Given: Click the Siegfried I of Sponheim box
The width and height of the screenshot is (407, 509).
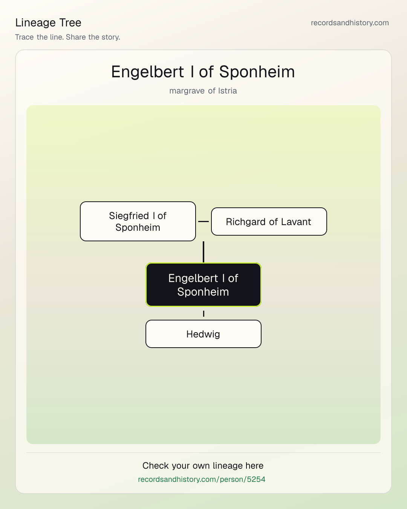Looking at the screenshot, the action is [x=138, y=221].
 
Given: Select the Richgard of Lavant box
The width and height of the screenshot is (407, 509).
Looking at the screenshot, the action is [x=269, y=221].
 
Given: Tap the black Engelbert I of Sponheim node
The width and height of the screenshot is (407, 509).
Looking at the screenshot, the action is [x=203, y=285].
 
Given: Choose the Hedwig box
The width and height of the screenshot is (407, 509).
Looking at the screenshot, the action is [x=203, y=334].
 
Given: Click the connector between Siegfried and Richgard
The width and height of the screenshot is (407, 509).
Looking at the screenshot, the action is [x=203, y=221].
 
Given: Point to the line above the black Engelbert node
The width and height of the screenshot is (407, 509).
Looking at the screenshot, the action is [x=203, y=252].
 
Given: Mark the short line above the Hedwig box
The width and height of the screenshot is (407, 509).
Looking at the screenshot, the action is [x=203, y=314].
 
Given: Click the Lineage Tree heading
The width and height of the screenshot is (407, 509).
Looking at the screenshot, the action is [x=48, y=23].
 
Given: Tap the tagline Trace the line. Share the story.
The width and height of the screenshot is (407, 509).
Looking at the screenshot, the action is [x=67, y=37].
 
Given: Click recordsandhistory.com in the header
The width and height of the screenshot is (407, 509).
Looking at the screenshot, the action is [x=350, y=23].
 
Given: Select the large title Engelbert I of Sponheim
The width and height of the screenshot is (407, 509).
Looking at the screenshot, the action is [x=203, y=72].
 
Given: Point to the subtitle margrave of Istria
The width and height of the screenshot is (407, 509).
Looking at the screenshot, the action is [x=203, y=91].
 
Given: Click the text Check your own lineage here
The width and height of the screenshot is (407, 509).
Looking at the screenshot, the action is [x=203, y=466].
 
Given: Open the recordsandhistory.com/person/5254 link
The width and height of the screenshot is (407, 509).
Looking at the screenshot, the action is [x=202, y=479].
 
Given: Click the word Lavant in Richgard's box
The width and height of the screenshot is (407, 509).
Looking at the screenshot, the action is [x=296, y=222].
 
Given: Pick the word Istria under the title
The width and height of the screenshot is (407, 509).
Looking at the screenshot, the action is [x=227, y=91].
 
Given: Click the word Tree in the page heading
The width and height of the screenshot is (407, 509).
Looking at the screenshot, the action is [x=70, y=23].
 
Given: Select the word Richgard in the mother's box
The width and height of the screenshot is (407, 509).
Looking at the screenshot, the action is [x=246, y=222].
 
